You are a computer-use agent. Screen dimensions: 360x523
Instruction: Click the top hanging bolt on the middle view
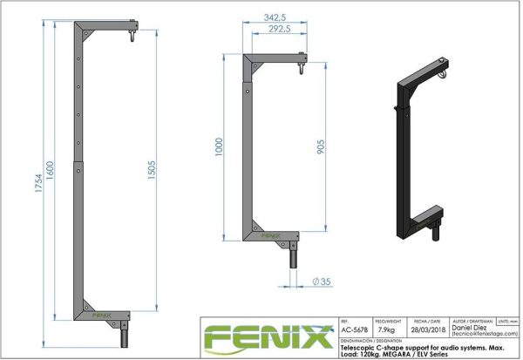click(302, 65)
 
